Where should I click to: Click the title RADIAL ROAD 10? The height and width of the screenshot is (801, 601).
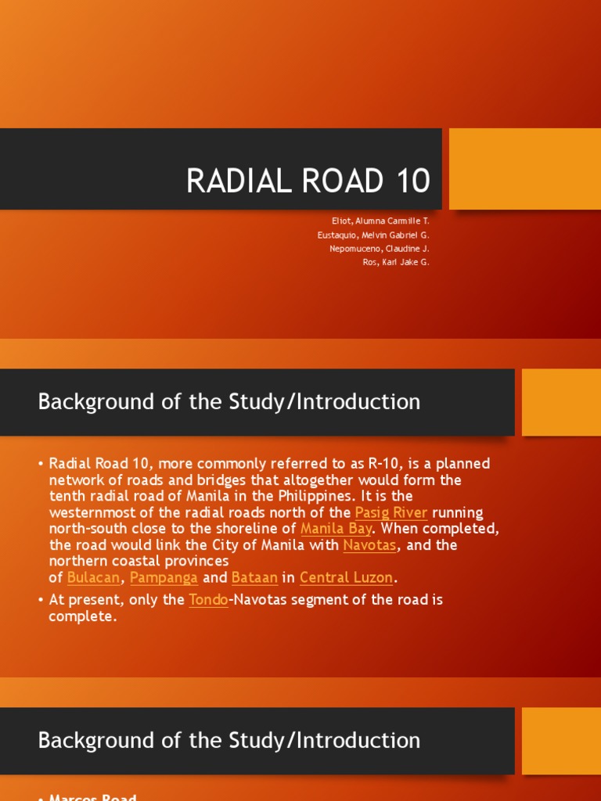tap(308, 181)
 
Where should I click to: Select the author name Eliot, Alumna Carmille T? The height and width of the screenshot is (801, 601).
tap(380, 221)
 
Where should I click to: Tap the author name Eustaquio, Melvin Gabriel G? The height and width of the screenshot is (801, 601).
tap(373, 235)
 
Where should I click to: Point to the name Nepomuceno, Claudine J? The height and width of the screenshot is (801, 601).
tap(380, 249)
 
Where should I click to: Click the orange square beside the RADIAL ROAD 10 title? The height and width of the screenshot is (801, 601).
tap(524, 169)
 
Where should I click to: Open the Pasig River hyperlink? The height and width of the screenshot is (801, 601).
tap(391, 512)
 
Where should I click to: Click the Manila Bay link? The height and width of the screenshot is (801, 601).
tap(336, 529)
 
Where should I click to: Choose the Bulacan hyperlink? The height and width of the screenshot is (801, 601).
tap(94, 577)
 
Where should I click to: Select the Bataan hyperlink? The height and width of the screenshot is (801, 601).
tap(254, 577)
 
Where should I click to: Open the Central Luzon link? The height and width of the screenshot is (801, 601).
tap(346, 577)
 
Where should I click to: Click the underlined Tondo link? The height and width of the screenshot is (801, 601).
tap(208, 600)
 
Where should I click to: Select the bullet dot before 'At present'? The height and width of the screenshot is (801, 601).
tap(40, 601)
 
